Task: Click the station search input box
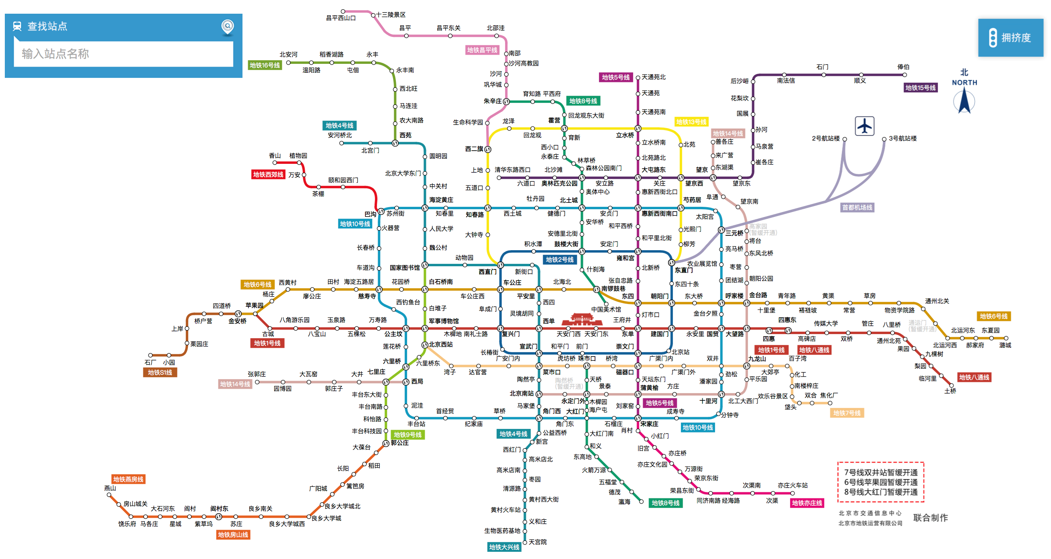pos(123,54)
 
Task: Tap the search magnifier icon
pos(227,27)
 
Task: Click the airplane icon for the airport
pos(864,126)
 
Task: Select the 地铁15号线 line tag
pos(920,88)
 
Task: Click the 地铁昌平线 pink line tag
pos(482,50)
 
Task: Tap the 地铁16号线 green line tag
pos(265,65)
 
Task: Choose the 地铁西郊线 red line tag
pos(268,175)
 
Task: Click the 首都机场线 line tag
pos(857,207)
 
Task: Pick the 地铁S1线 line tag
pos(159,373)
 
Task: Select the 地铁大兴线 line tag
pos(504,547)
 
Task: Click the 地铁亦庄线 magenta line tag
pos(807,503)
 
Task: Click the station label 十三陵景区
pos(391,15)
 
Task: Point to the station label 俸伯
pos(903,67)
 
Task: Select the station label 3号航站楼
pos(902,138)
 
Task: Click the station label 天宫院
pos(537,542)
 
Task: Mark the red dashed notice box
pos(880,482)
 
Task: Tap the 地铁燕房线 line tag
pos(128,479)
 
